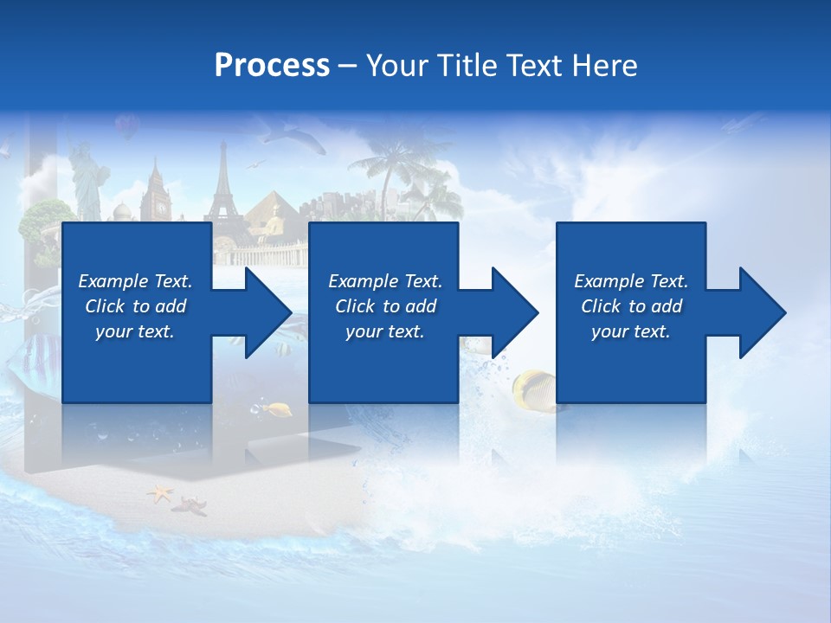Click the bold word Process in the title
[272, 66]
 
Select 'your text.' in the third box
[630, 331]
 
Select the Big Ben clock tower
[157, 195]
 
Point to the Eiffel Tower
[223, 186]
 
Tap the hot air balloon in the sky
[127, 127]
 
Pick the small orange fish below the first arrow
[279, 408]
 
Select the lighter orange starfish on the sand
[159, 494]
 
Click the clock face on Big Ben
[158, 208]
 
